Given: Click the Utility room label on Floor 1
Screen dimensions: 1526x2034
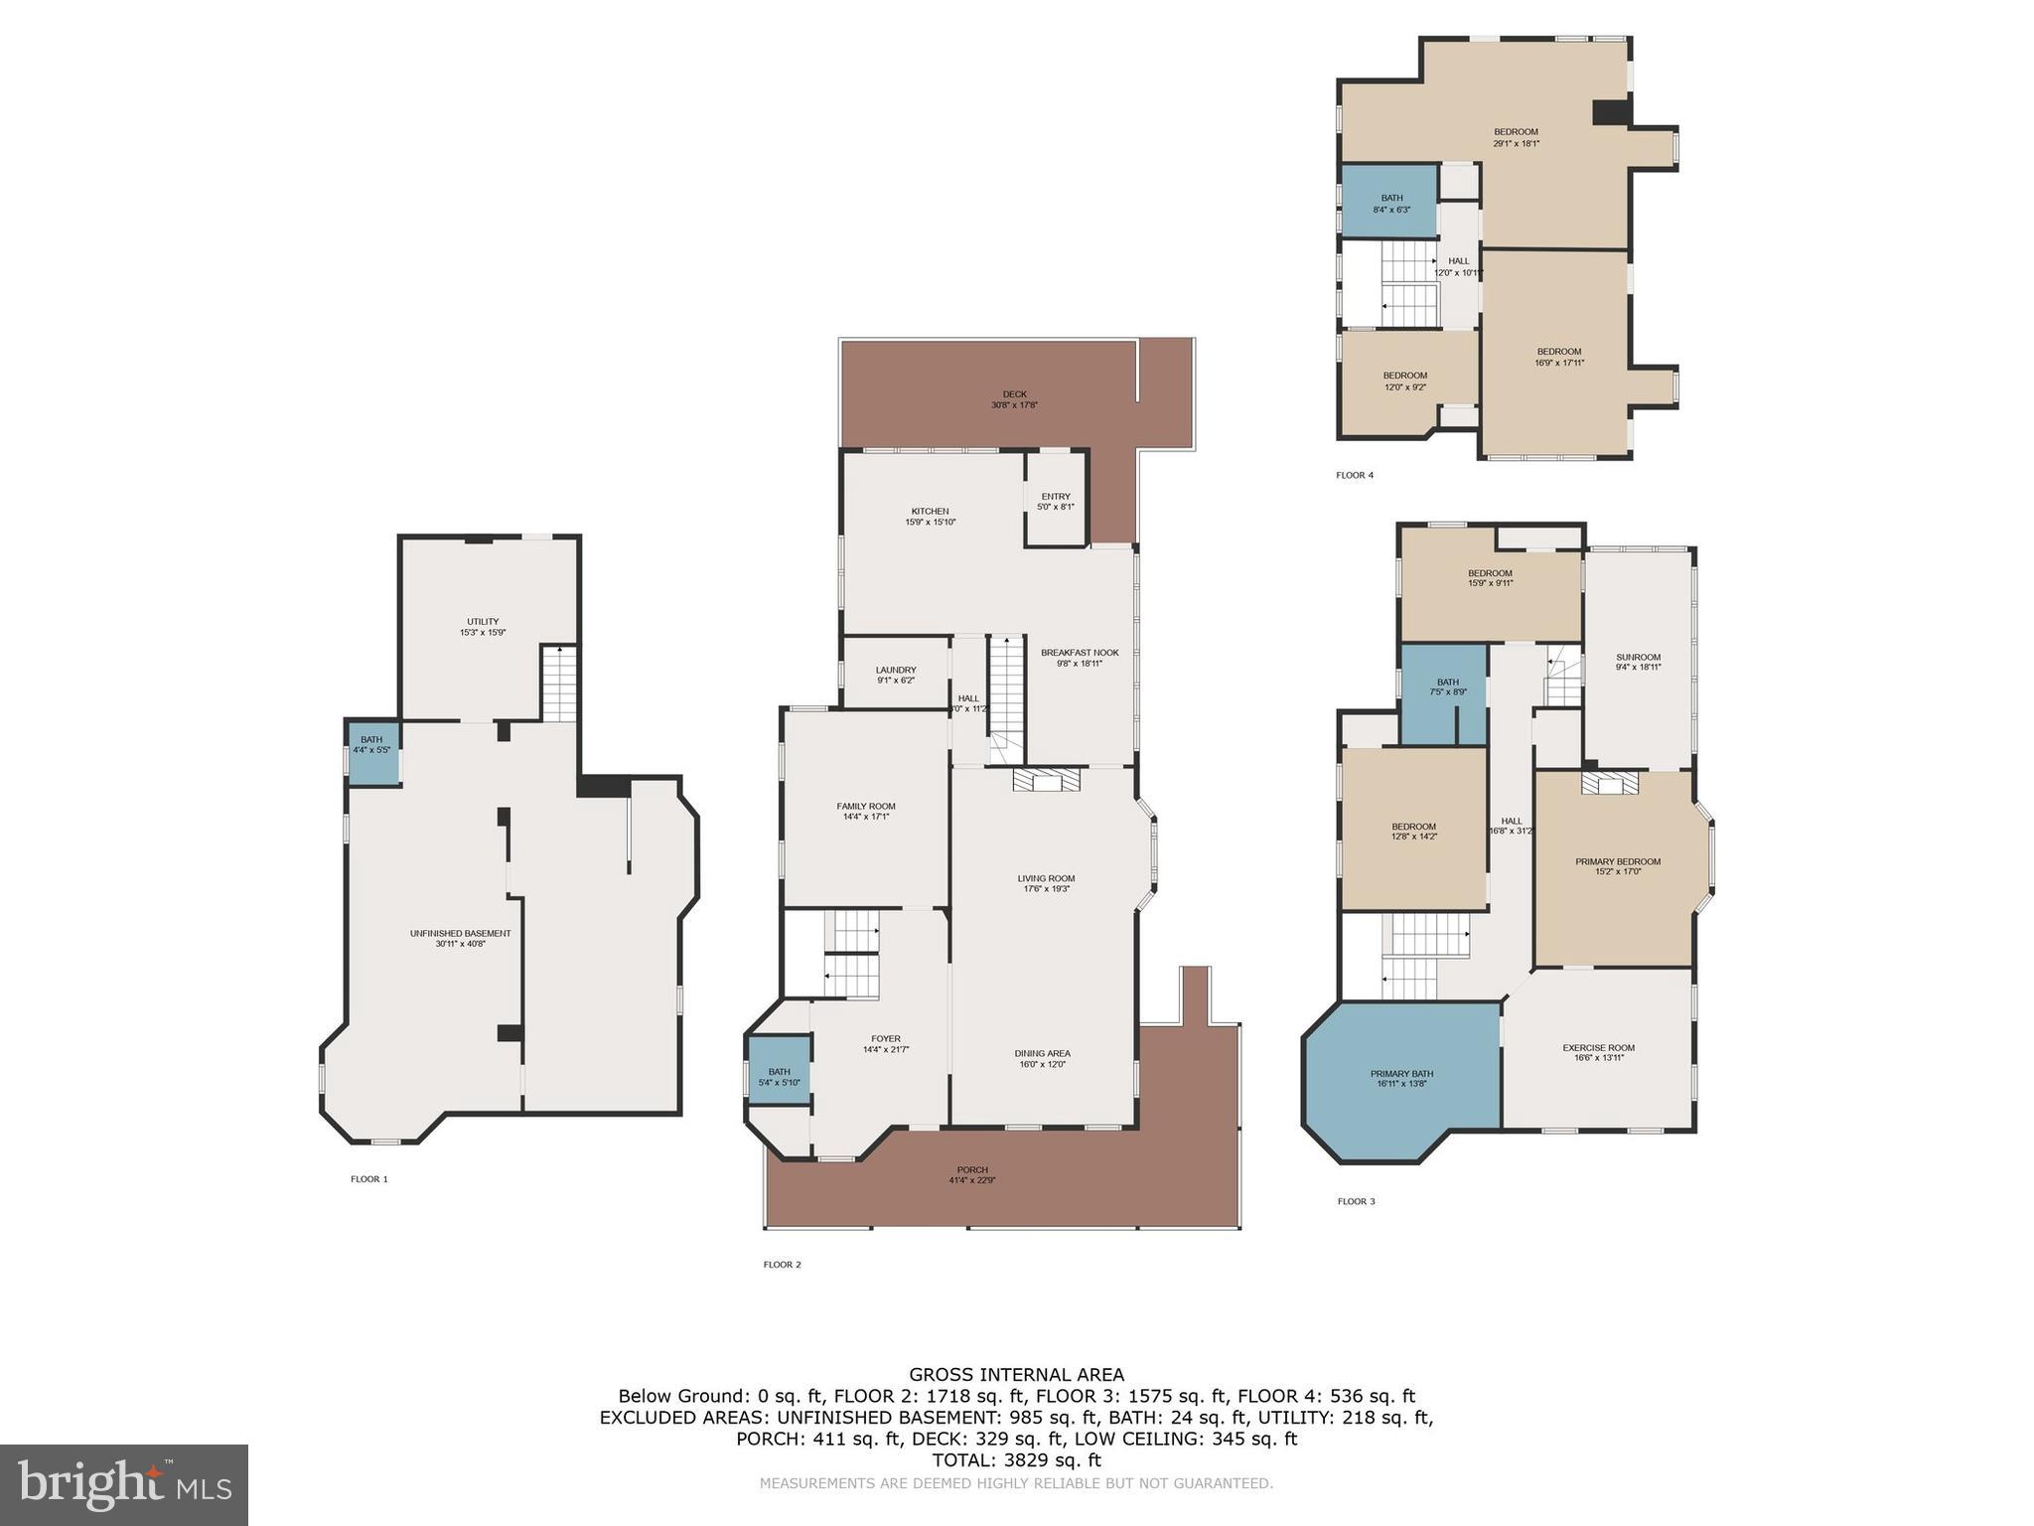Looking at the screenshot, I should point(483,627).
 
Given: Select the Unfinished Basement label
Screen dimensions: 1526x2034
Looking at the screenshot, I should point(460,938).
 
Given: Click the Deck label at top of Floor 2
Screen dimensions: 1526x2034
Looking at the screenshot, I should point(1014,399).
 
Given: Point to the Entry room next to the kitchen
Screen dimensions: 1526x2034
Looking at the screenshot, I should point(1056,502).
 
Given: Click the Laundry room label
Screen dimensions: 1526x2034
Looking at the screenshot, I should point(896,675).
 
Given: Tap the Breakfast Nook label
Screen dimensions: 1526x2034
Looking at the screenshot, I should point(1080,658).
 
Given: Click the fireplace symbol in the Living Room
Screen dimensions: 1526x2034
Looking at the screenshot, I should point(1047,781).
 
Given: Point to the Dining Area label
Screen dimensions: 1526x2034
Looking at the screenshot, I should point(1042,1058).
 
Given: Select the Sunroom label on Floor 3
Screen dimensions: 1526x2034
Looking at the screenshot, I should point(1638,662).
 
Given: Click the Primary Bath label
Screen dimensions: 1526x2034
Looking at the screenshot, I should point(1401,1079).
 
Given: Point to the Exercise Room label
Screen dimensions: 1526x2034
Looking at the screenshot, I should point(1598,1052).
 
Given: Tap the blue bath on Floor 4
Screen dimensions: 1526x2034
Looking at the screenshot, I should point(1390,201).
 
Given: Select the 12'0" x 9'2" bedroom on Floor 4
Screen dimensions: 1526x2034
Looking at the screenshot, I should point(1404,381).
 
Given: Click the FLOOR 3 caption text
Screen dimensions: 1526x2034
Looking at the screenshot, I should point(1356,1201).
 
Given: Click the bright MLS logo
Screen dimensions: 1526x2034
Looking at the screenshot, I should point(124,1485).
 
